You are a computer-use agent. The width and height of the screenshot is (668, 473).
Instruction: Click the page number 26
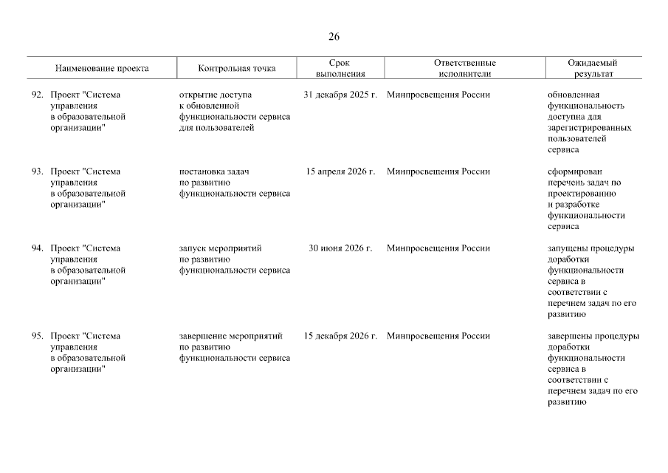pos(334,37)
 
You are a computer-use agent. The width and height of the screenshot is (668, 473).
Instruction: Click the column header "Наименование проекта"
pos(102,69)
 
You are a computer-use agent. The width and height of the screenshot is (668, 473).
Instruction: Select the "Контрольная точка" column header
pos(237,69)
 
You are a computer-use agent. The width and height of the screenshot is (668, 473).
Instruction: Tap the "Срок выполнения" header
pos(340,69)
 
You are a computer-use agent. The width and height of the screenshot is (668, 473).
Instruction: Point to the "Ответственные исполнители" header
pos(465,69)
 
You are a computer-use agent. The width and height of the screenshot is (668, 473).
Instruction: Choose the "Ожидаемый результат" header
pos(593,69)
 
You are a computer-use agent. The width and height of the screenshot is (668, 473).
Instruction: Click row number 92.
pos(37,95)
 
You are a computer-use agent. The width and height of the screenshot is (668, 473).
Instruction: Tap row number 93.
pos(37,171)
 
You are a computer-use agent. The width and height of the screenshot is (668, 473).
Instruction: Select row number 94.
pos(37,248)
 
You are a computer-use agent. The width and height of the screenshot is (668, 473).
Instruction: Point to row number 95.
pos(37,336)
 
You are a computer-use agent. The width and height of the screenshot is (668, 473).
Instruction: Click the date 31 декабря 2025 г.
pos(340,95)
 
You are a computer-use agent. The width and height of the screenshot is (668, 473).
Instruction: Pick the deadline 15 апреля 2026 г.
pos(340,171)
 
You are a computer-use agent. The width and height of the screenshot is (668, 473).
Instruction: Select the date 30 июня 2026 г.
pos(340,248)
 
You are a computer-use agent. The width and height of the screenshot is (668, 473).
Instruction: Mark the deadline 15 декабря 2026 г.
pos(340,336)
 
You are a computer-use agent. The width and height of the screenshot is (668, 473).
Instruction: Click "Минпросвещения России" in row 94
pos(438,248)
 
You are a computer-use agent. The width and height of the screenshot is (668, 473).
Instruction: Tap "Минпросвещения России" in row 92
pos(438,95)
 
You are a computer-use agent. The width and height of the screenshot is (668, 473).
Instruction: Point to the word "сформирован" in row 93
pos(576,171)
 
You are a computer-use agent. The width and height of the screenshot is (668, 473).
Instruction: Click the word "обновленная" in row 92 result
pos(574,95)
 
